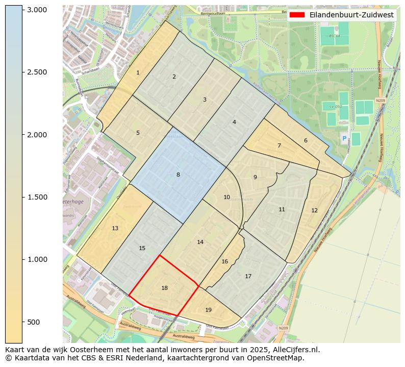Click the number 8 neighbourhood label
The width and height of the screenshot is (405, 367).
178,175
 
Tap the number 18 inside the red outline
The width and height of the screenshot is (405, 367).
164,288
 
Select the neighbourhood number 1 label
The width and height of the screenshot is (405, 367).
138,73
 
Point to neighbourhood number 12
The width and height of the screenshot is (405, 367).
314,211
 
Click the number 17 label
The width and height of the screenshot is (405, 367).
248,277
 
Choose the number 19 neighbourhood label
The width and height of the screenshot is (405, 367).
208,310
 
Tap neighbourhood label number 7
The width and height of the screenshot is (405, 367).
279,146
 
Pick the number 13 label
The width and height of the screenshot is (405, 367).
115,228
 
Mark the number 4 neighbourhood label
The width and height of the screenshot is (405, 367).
234,123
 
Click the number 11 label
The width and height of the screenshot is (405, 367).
282,210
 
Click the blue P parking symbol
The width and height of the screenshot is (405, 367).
344,138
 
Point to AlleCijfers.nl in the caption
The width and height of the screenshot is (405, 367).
297,350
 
